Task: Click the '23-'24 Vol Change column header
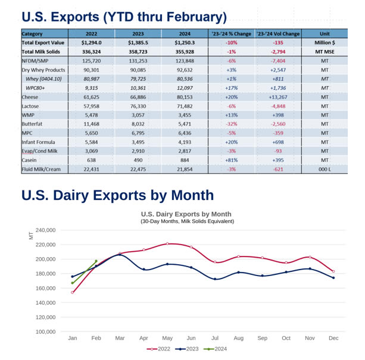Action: coord(277,33)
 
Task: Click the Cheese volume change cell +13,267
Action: coord(277,96)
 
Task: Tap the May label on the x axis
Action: coord(167,338)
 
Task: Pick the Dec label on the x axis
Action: coord(333,338)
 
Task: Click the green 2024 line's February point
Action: coord(96,261)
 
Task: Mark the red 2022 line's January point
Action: coord(73,292)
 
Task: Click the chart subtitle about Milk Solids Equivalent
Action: coord(187,221)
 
